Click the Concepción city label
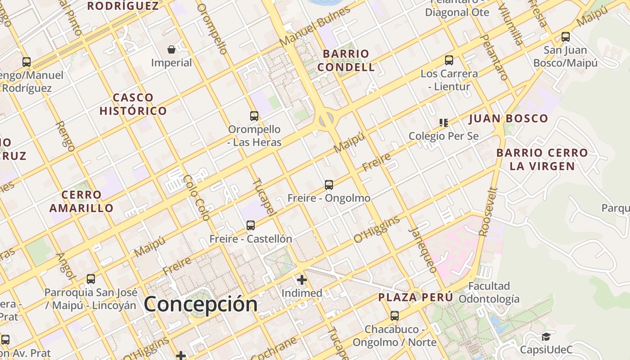tap(201, 304)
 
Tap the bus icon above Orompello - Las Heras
tap(254, 116)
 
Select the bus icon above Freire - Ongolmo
tap(329, 184)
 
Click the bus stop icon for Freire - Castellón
tap(251, 225)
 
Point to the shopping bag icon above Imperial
tap(171, 49)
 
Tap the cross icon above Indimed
tap(301, 280)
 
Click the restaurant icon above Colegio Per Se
tap(444, 122)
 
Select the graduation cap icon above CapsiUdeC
tap(546, 337)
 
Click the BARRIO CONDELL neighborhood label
tap(346, 60)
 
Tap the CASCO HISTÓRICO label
tap(133, 104)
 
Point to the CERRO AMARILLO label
tap(81, 201)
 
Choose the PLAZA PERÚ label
tap(415, 297)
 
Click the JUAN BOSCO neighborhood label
tap(508, 119)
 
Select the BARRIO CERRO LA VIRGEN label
tap(542, 159)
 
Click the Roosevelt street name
tap(489, 212)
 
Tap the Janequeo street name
tap(423, 250)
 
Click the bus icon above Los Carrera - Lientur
tap(449, 60)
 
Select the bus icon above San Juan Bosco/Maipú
tap(566, 37)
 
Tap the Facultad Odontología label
tap(489, 292)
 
